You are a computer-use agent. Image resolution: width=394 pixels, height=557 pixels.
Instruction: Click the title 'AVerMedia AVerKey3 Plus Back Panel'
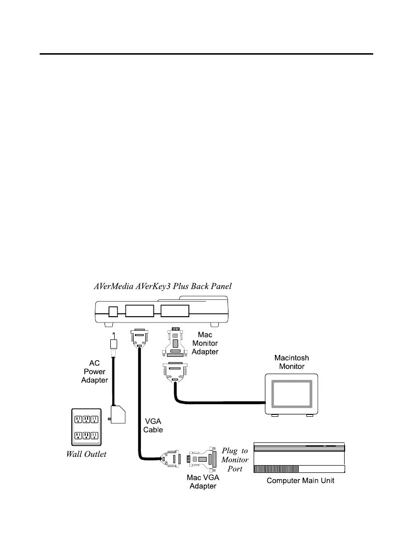pos(163,286)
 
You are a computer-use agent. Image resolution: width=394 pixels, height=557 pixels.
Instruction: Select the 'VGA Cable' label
pos(153,425)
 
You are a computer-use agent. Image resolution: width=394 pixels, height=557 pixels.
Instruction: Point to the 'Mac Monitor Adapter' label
pos(205,343)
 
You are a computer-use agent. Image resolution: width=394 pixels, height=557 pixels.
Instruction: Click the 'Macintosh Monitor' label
pos(291,362)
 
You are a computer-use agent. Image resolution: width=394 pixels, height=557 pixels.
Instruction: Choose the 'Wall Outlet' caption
pos(86,454)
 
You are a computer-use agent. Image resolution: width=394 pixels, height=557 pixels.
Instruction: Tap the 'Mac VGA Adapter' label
pos(202,482)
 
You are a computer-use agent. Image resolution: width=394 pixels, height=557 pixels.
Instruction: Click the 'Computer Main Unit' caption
pos(301,481)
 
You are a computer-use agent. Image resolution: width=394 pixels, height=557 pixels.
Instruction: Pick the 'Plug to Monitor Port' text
pos(235,460)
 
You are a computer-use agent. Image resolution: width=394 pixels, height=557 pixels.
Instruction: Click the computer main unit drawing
pos(299,457)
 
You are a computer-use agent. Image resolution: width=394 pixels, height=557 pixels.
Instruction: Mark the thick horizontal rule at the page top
pos(206,54)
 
